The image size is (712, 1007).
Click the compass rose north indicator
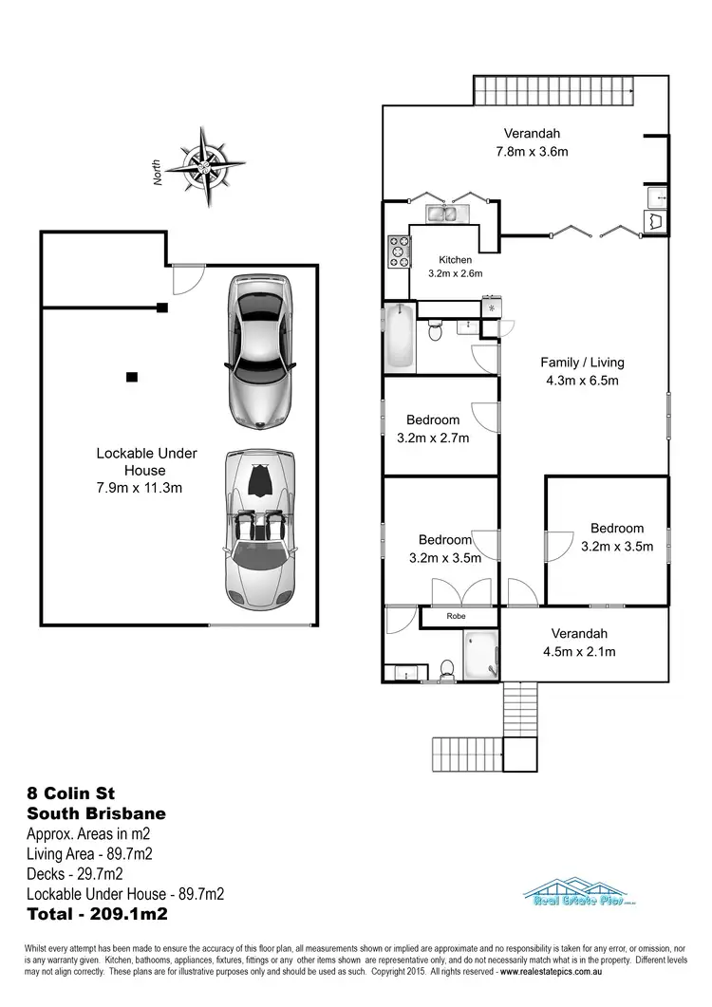pos(204,166)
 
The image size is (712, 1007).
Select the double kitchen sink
pos(442,213)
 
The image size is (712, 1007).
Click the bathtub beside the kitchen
pos(400,338)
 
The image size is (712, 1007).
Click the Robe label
pos(457,616)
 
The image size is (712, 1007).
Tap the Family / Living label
pos(582,363)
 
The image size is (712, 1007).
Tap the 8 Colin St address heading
pos(71,793)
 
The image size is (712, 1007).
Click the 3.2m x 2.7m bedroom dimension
pos(433,438)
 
